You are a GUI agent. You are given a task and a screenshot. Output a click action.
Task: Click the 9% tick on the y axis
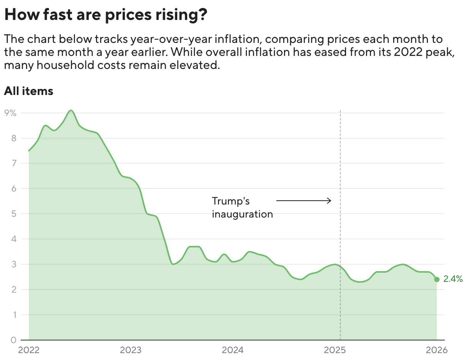10,113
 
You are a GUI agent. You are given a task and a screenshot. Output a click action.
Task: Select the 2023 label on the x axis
131,350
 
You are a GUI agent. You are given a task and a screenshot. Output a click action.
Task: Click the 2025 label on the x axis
335,350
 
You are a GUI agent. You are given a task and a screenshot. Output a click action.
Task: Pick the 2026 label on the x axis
437,350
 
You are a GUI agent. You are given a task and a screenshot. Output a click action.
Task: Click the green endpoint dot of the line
437,279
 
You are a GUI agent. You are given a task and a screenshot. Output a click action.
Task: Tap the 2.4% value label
453,279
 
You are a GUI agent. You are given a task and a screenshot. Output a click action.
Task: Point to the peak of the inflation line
71,111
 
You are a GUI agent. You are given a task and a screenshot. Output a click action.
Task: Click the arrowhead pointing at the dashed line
329,200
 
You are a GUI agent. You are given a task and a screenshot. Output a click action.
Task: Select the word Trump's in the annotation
231,201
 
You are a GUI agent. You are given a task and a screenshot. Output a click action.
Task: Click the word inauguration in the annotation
242,214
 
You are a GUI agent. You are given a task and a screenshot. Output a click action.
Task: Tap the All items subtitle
28,91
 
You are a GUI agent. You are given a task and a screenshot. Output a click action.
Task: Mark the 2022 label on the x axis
29,350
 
